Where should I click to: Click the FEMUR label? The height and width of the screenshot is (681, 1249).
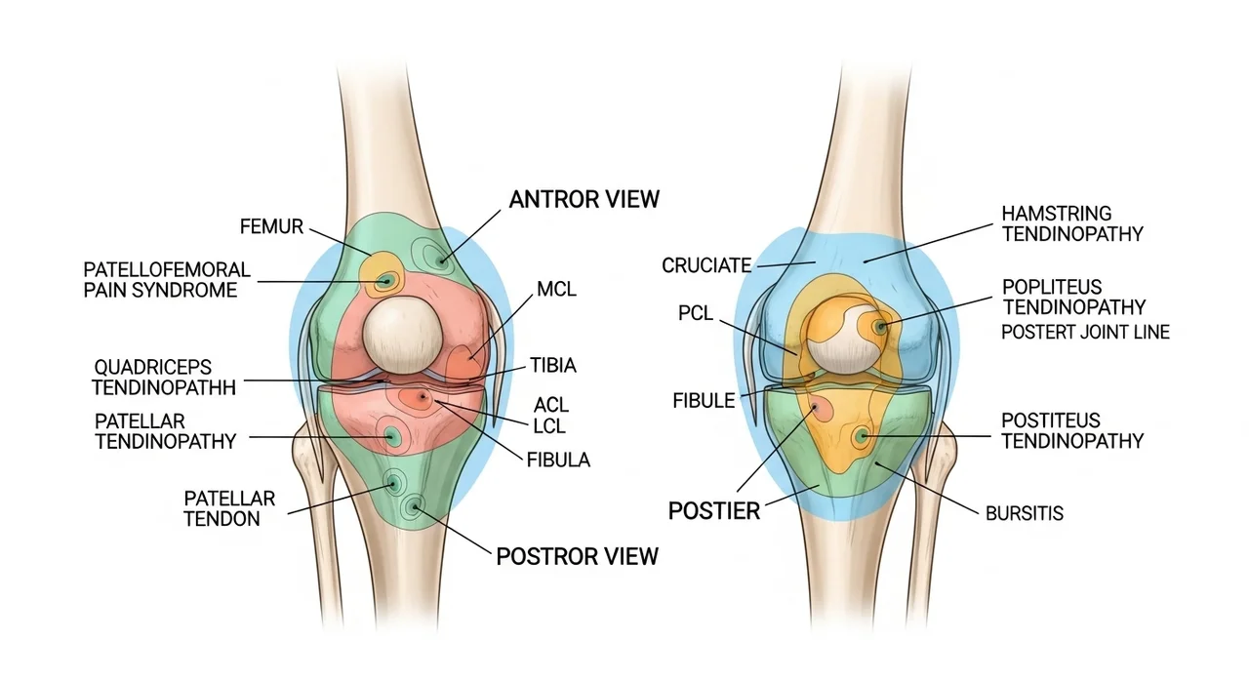pyautogui.click(x=271, y=227)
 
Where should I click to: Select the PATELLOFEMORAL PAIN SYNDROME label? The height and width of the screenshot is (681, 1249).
pyautogui.click(x=166, y=279)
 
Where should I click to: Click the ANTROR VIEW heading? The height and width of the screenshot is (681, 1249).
pyautogui.click(x=584, y=199)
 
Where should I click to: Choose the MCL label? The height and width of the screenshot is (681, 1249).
pyautogui.click(x=556, y=289)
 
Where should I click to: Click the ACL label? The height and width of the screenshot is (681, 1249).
pyautogui.click(x=551, y=404)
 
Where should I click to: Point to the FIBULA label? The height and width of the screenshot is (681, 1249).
pyautogui.click(x=557, y=460)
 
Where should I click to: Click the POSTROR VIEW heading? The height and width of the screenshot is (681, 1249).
pyautogui.click(x=577, y=556)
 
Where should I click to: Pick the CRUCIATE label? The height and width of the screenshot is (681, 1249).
pyautogui.click(x=706, y=264)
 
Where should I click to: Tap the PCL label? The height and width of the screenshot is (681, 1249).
pyautogui.click(x=697, y=313)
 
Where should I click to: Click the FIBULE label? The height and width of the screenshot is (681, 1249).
pyautogui.click(x=704, y=400)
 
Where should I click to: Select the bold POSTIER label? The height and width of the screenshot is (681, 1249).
pyautogui.click(x=713, y=510)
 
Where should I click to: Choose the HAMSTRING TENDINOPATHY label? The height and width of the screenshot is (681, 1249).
pyautogui.click(x=1072, y=223)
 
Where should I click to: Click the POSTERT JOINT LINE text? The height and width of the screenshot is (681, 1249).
pyautogui.click(x=1085, y=332)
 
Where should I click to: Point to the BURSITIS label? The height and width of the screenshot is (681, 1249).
pyautogui.click(x=1024, y=512)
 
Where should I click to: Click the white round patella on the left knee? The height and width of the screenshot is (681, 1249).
pyautogui.click(x=401, y=333)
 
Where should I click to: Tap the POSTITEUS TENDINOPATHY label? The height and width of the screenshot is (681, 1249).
pyautogui.click(x=1072, y=430)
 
